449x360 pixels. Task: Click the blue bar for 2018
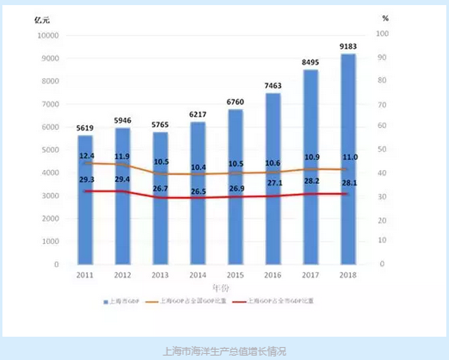click(x=348, y=159)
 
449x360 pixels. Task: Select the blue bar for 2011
click(x=86, y=200)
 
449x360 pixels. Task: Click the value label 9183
click(x=348, y=45)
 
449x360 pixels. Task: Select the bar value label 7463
click(x=272, y=85)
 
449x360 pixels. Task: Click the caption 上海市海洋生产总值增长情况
click(x=224, y=351)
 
